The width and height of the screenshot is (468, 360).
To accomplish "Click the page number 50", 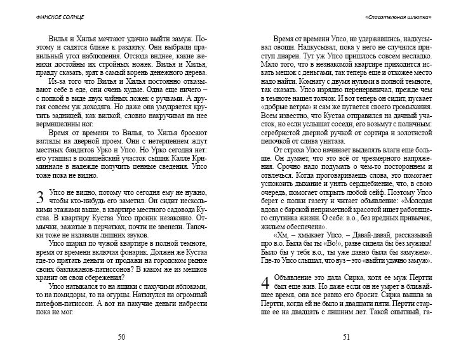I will (120, 337).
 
